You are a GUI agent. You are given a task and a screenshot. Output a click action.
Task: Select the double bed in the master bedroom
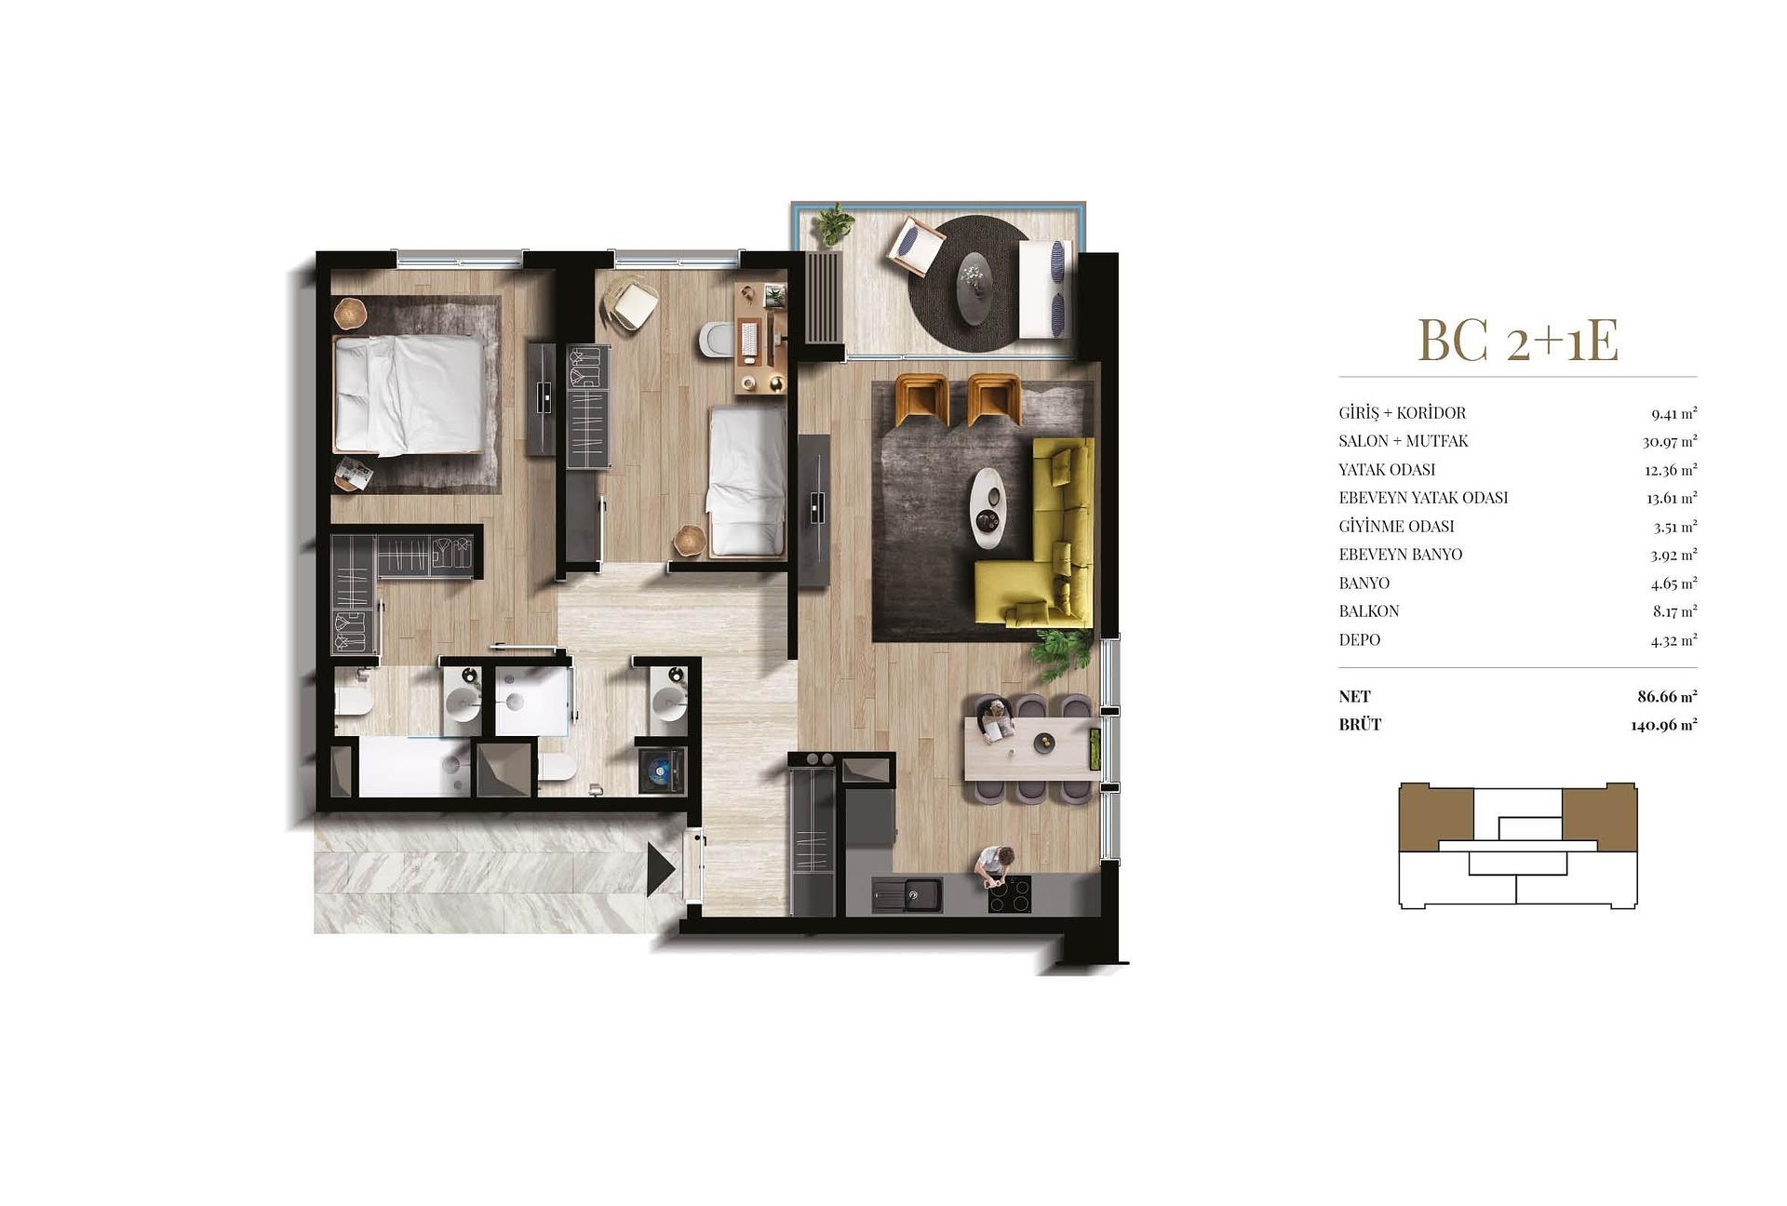pos(410,395)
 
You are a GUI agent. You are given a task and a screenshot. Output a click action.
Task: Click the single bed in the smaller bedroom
pos(746,480)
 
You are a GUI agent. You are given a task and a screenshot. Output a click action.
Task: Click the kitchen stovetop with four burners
pos(1009,896)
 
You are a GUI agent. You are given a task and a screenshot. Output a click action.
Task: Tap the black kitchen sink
pos(907,895)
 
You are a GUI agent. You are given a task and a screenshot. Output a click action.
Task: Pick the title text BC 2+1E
pos(1518,342)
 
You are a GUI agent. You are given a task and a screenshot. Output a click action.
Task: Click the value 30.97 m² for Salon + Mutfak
pos(1670,441)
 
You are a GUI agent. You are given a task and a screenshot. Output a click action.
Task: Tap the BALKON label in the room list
pos(1369,611)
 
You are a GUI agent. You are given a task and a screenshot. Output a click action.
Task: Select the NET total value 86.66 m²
pos(1667,696)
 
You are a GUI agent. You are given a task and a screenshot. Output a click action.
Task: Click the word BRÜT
pos(1360,724)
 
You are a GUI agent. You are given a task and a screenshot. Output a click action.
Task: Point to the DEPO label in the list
pos(1360,640)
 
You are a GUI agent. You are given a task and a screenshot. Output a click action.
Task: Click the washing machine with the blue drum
pos(662,770)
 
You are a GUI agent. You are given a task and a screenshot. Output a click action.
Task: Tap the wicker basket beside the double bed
pos(351,313)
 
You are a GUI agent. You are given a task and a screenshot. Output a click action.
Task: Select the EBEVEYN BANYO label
pos(1401,555)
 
